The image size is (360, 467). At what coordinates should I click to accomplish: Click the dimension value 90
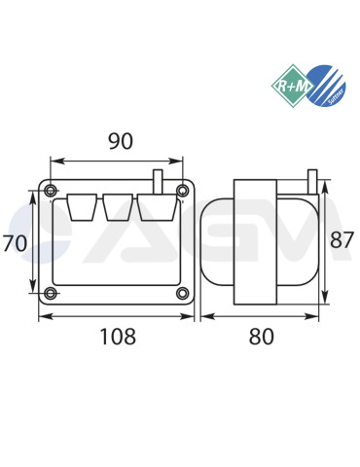[x=120, y=141]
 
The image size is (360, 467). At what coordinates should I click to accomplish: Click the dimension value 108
[x=118, y=338]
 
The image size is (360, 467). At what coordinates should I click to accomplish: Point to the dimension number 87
[x=342, y=239]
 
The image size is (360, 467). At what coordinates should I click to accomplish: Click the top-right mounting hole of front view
[x=182, y=189]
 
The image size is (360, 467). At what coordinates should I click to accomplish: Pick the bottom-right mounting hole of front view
[x=182, y=294]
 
